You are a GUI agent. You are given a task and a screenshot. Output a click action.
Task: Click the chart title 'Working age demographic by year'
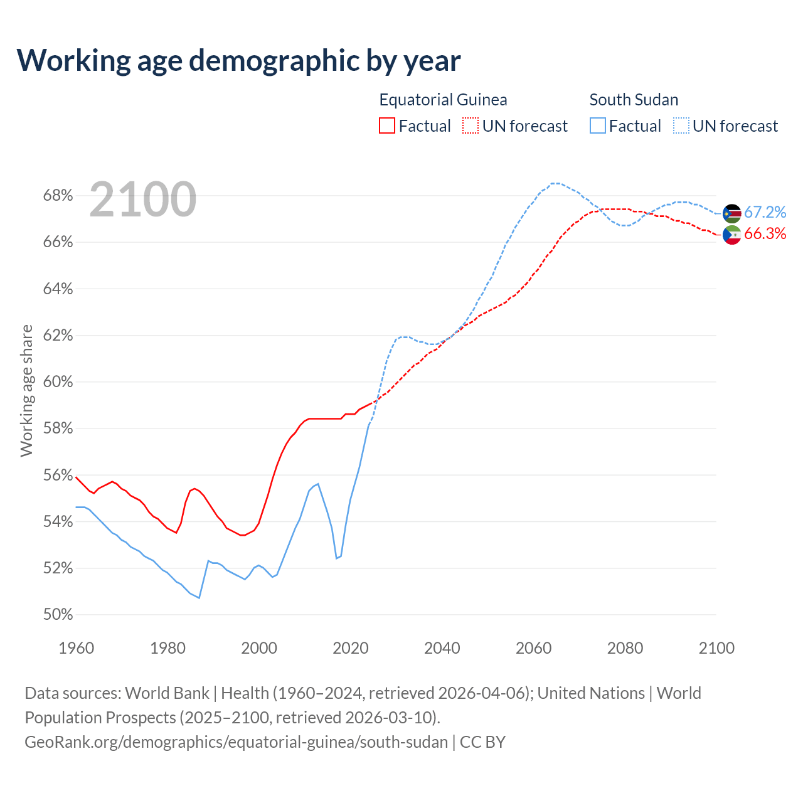(x=238, y=60)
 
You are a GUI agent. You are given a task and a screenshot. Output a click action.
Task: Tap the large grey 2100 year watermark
(x=143, y=199)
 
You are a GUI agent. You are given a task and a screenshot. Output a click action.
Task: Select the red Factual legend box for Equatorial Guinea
(x=387, y=126)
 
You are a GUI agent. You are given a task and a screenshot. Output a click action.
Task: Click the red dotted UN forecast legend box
(x=471, y=126)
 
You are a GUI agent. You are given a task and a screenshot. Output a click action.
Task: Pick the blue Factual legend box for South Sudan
(x=598, y=126)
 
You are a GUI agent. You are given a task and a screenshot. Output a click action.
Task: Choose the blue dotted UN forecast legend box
(x=681, y=126)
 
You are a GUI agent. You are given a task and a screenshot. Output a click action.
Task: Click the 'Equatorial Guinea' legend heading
(x=443, y=100)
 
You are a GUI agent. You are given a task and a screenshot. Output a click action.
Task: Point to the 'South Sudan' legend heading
(x=634, y=100)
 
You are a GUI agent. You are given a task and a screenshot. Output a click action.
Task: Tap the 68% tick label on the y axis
(x=58, y=196)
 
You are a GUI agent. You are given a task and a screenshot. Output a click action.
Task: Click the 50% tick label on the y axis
(x=58, y=615)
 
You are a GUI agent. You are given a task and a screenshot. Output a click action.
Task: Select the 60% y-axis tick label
(x=58, y=382)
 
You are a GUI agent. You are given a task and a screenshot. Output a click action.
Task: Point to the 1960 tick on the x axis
(x=76, y=648)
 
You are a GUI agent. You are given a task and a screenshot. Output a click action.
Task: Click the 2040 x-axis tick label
(x=442, y=648)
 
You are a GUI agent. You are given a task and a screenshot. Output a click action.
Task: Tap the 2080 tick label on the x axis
(x=625, y=648)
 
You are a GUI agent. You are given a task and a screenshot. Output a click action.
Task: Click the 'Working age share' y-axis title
(x=26, y=390)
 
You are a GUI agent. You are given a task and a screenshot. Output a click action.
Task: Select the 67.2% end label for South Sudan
(x=765, y=213)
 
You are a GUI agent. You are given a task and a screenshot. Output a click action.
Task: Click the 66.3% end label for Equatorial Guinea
(x=765, y=234)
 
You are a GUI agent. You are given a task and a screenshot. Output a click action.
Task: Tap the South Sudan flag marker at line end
(x=732, y=213)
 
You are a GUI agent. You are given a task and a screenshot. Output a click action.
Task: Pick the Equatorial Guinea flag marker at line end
(x=732, y=235)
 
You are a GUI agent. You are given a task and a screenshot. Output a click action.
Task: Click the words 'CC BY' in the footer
(x=482, y=742)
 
